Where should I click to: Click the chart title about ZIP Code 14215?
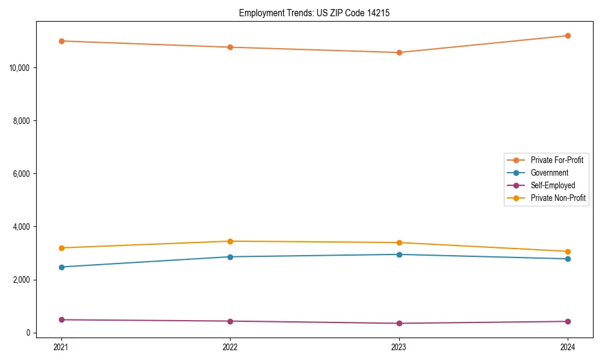point(314,13)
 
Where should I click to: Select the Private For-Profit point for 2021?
point(61,41)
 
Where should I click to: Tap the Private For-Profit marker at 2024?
point(568,35)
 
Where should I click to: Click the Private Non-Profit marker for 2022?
point(230,241)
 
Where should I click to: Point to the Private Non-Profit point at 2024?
point(568,251)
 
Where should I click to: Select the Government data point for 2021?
point(61,267)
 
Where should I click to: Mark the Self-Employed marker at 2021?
point(61,319)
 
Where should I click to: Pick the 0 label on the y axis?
point(28,333)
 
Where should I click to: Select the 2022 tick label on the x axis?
point(230,347)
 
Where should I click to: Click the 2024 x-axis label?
point(568,347)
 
